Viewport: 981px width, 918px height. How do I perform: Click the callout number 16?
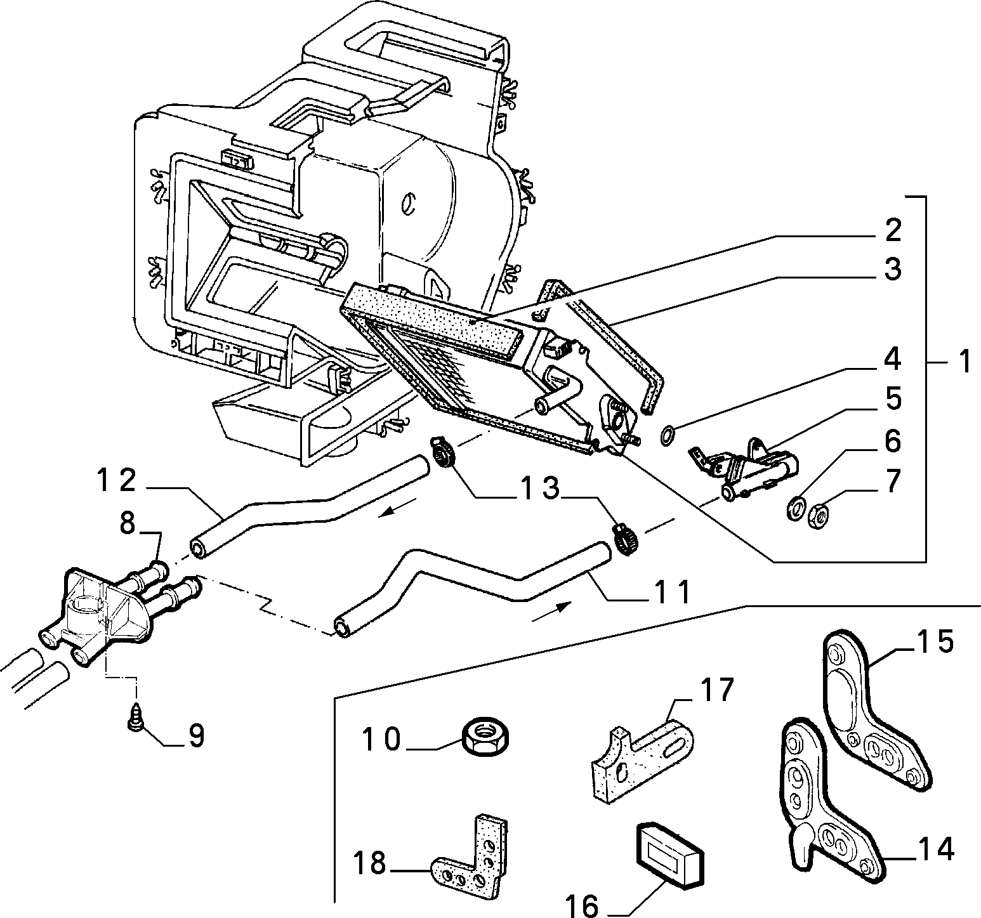click(x=582, y=906)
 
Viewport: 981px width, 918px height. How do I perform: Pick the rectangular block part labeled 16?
click(x=669, y=852)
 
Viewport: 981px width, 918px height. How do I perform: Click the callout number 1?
click(x=964, y=363)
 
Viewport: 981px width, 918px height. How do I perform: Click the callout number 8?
click(x=128, y=524)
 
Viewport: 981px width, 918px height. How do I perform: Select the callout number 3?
click(x=892, y=269)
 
